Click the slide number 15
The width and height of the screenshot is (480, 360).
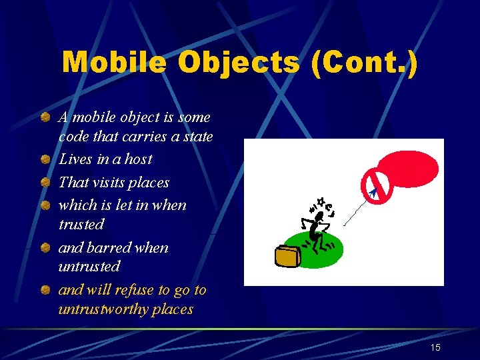(x=435, y=347)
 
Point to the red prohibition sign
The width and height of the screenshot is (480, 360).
(x=375, y=187)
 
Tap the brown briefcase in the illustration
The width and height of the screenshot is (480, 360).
(x=288, y=257)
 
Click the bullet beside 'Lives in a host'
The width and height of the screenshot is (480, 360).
(x=44, y=160)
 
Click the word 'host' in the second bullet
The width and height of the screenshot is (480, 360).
(x=138, y=159)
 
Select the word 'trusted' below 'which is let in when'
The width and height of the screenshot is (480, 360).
(x=81, y=224)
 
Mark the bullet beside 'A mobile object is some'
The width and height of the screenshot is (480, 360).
(x=44, y=118)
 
